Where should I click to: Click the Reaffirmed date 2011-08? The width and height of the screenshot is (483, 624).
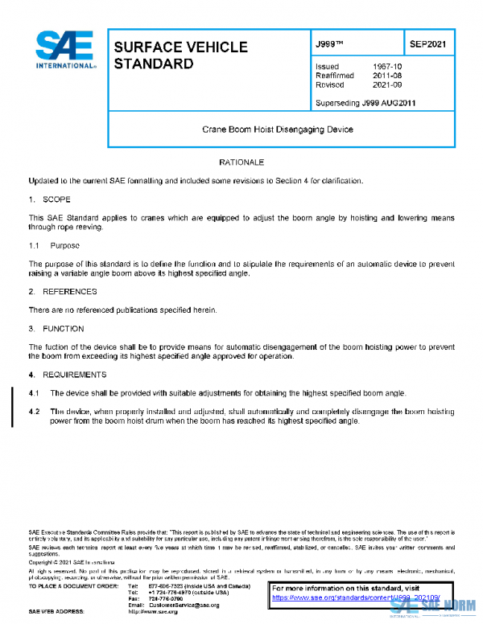[386, 76]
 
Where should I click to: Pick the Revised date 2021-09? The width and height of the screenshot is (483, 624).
[386, 84]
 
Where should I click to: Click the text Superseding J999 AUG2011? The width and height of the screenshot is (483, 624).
[366, 103]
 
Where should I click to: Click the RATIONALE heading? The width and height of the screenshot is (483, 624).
[242, 162]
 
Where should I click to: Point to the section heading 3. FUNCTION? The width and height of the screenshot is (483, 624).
[56, 328]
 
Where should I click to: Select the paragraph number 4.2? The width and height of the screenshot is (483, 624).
[35, 411]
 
